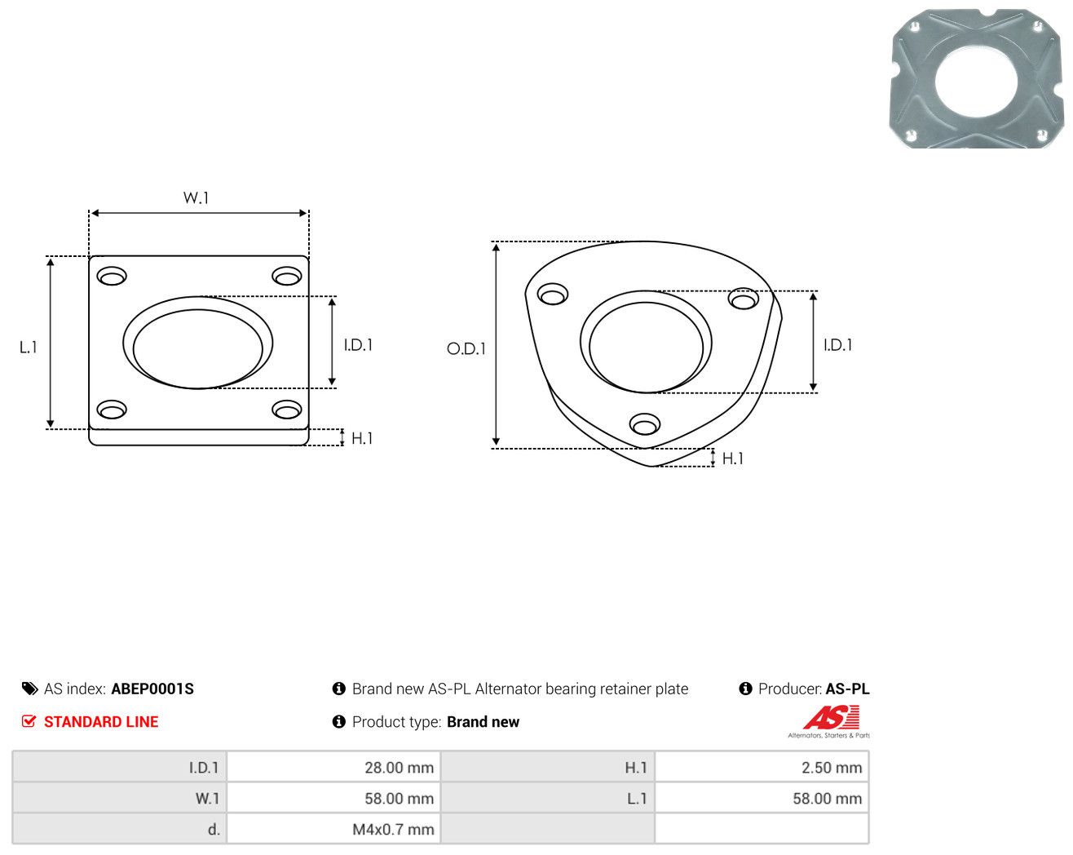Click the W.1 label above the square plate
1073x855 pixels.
[196, 197]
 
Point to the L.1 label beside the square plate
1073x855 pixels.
[29, 347]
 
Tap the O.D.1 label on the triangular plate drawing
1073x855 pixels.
[466, 348]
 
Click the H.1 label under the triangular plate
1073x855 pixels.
[732, 459]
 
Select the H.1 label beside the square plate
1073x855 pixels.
[362, 438]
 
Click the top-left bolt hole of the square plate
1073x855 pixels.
[112, 276]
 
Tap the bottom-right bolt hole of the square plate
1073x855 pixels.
[287, 410]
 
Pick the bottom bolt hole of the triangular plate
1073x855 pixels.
[645, 424]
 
